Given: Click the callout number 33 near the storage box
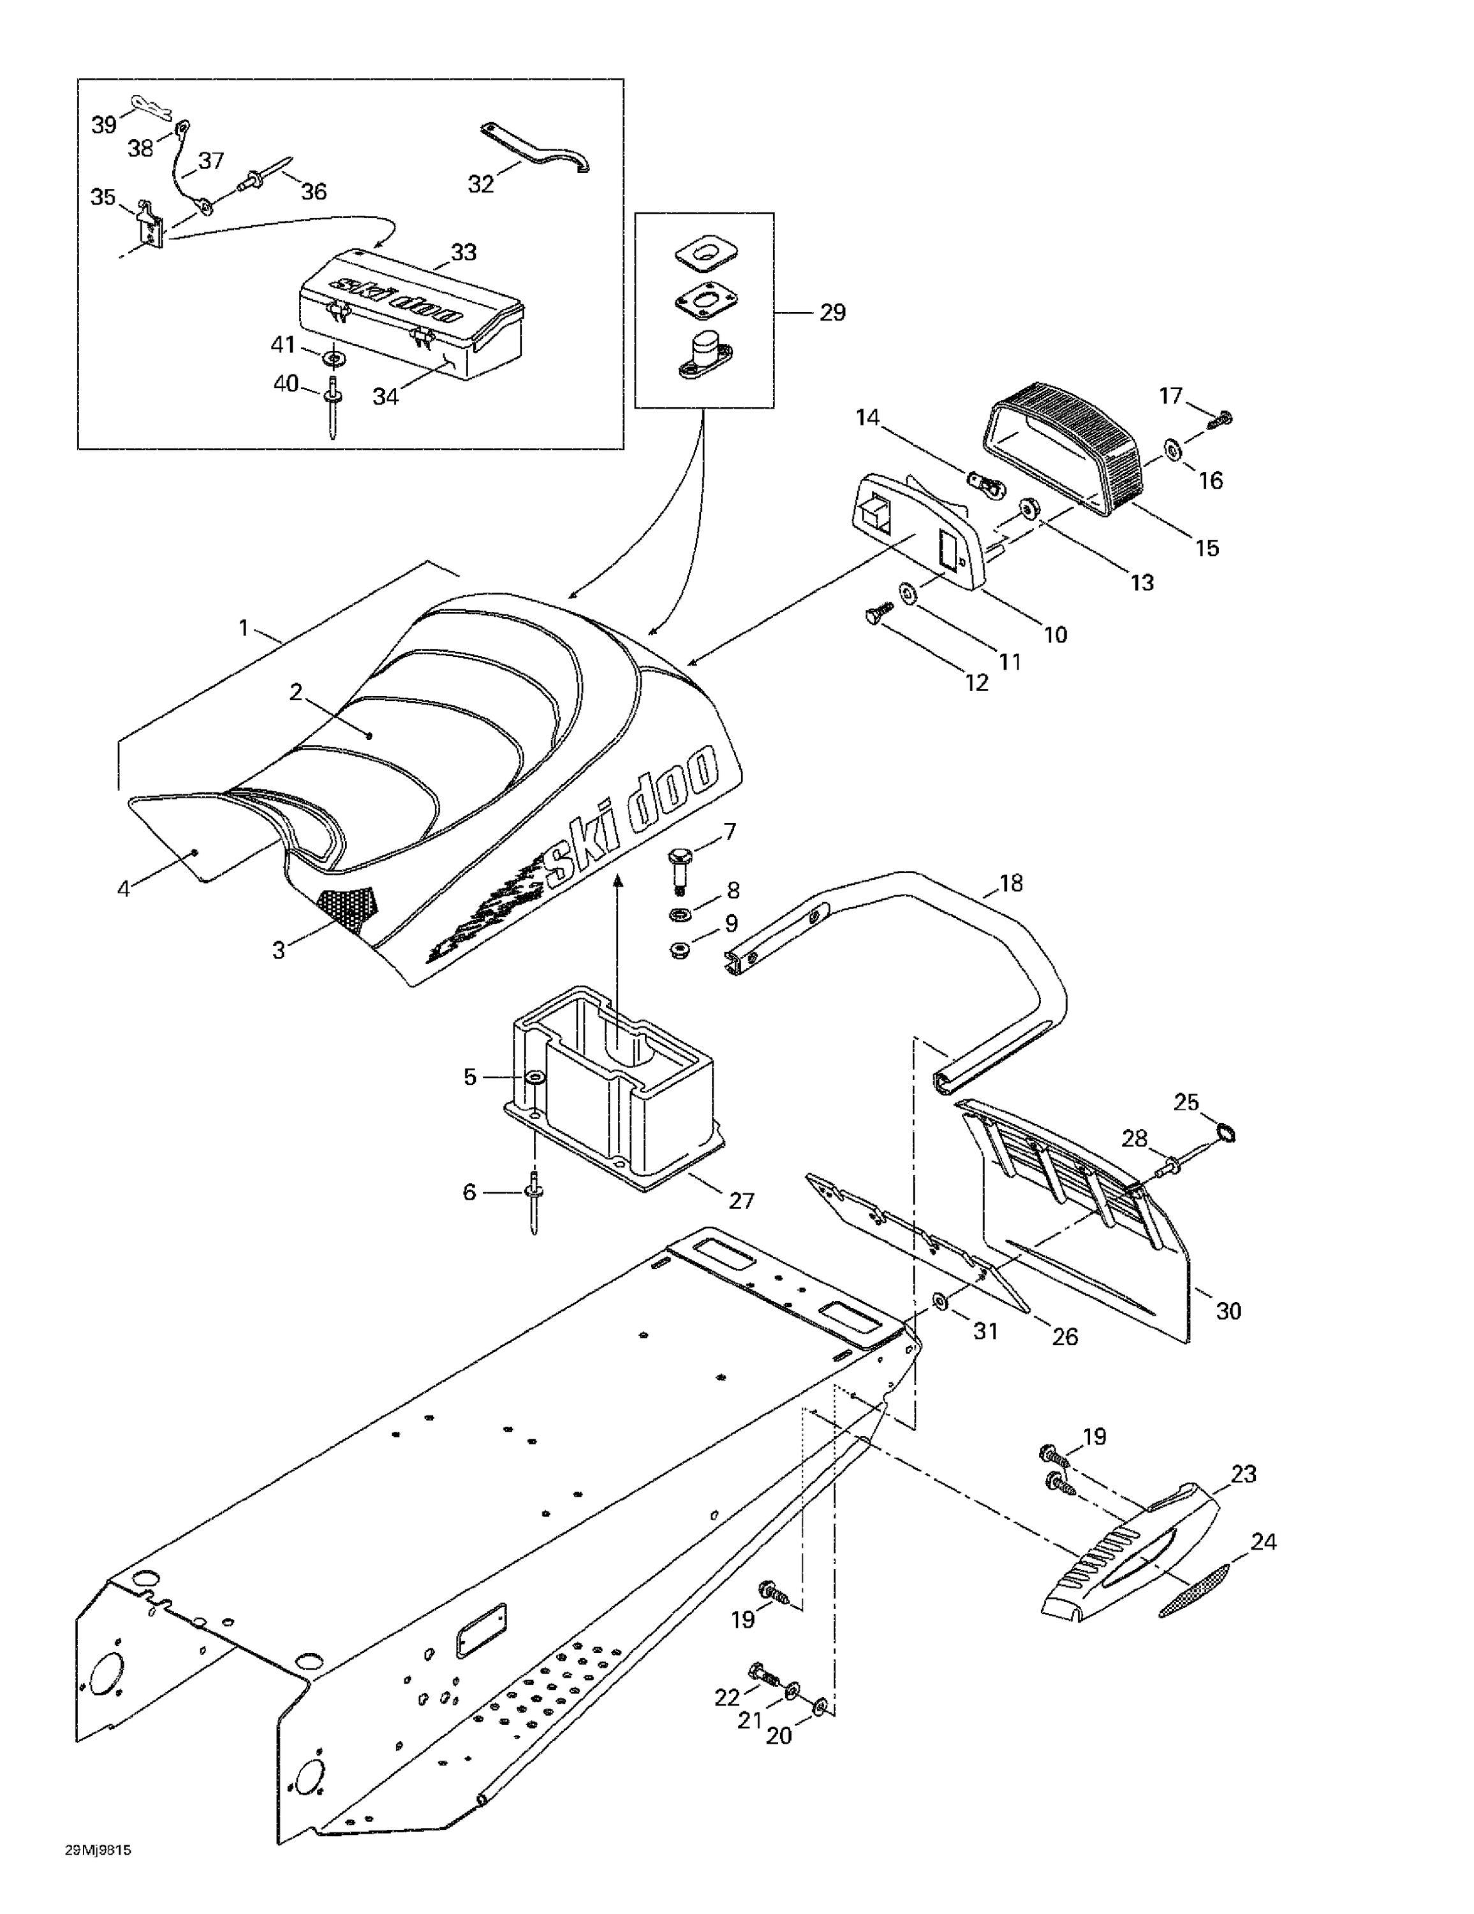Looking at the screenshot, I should click(464, 253).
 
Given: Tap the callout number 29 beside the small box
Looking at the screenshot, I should click(832, 313).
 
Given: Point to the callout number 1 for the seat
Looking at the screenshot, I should click(244, 628).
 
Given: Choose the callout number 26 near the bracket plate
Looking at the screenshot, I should click(1064, 1337).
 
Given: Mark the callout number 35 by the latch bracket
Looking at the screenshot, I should click(103, 197).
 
